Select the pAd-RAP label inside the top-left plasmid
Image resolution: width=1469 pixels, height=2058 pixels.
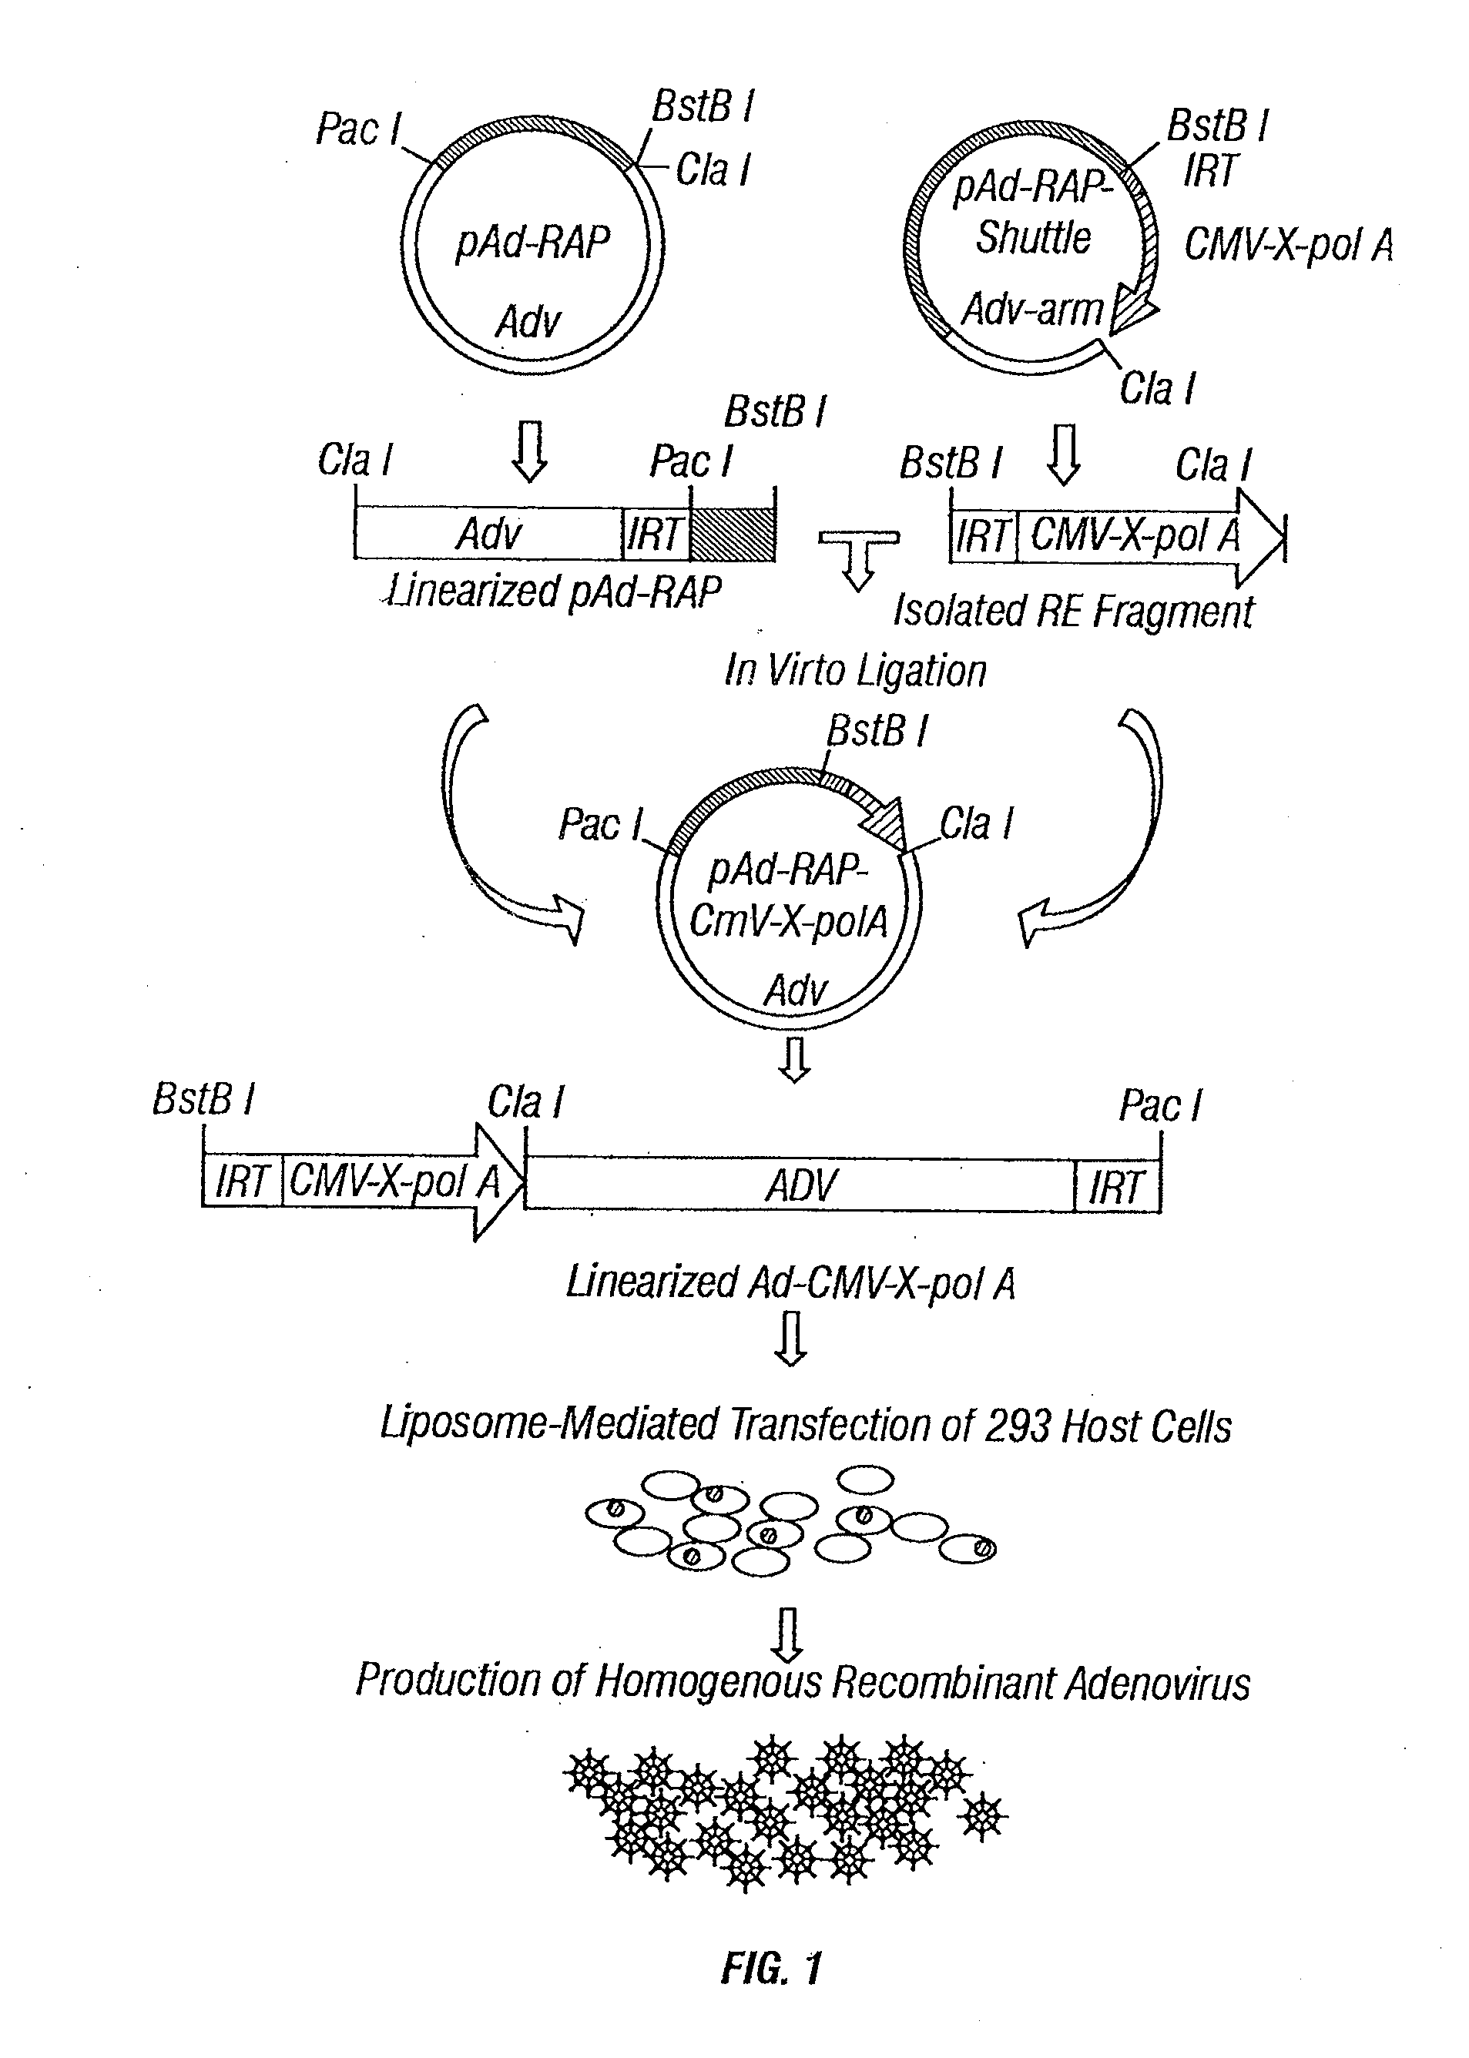pyautogui.click(x=532, y=243)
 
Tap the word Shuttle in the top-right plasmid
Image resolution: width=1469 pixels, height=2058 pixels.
pyautogui.click(x=1033, y=238)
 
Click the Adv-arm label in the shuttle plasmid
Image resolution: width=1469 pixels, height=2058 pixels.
pyautogui.click(x=1031, y=310)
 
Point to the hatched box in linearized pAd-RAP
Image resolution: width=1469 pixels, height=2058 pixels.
pyautogui.click(x=732, y=535)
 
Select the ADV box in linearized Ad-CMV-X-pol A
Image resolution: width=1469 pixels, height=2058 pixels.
pyautogui.click(x=800, y=1185)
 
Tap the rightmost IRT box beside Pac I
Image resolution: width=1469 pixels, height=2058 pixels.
pyautogui.click(x=1116, y=1185)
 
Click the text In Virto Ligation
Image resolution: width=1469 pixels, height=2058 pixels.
pyautogui.click(x=855, y=671)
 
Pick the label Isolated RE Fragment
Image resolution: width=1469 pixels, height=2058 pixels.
pyautogui.click(x=1073, y=612)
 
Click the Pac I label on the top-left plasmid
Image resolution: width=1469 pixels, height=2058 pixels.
pyautogui.click(x=358, y=129)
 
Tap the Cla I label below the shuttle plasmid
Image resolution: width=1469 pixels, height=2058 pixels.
pyautogui.click(x=1157, y=389)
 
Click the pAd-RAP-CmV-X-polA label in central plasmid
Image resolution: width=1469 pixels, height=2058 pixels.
pyautogui.click(x=788, y=895)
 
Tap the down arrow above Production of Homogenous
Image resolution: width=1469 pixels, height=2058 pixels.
pyautogui.click(x=789, y=1634)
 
